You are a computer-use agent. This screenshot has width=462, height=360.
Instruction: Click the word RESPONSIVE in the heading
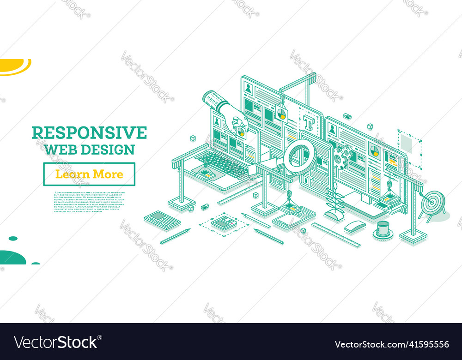coord(89,133)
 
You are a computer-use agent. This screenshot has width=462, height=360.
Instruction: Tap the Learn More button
coord(89,174)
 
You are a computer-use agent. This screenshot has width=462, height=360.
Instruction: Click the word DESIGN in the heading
coord(107,150)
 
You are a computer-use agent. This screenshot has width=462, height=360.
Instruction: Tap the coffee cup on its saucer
coord(383,229)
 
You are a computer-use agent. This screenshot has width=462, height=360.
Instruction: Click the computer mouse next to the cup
coord(355,226)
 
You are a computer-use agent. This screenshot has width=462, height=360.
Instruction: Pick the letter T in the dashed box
coord(308,122)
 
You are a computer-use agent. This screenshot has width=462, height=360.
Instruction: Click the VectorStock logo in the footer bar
coord(57,342)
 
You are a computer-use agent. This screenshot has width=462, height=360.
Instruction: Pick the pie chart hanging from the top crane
coord(280,114)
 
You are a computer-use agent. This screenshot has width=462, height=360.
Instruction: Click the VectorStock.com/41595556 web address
coord(392,344)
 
